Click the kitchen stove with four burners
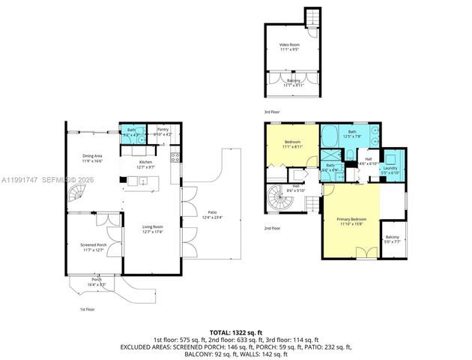pos(175,157)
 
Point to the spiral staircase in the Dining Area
pos(78,197)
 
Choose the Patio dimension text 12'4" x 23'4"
pos(212,217)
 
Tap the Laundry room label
pos(390,168)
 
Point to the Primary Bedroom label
pos(351,221)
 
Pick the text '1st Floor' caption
pos(88,309)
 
